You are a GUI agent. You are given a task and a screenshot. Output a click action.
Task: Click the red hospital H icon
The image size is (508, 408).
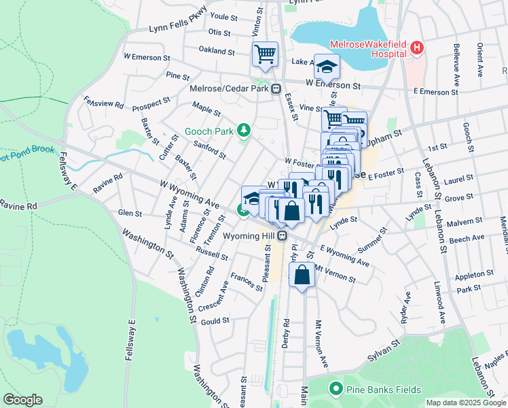(x=417, y=48)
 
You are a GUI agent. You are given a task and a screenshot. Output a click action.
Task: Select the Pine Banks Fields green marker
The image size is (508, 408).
(x=334, y=390)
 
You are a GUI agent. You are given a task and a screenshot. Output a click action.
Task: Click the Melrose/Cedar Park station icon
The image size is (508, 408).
(x=276, y=89)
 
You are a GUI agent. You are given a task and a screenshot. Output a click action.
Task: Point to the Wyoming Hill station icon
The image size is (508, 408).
(x=283, y=236)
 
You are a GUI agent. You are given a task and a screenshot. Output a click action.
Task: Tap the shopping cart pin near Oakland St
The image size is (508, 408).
(x=265, y=54)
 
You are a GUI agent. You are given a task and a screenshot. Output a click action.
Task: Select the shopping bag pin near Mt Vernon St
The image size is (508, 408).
(x=302, y=275)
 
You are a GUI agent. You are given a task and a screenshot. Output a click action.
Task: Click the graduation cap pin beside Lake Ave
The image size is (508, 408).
(x=327, y=67)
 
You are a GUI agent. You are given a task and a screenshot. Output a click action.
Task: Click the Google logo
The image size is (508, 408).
(x=22, y=400)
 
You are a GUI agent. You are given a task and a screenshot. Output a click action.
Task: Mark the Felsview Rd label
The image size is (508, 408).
(x=103, y=101)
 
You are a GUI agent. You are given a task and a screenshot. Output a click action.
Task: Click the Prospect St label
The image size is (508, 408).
(x=151, y=105)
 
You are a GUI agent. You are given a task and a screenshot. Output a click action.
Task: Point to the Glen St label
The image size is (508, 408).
(x=129, y=214)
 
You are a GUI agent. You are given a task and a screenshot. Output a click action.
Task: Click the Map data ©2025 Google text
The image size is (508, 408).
(x=467, y=403)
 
